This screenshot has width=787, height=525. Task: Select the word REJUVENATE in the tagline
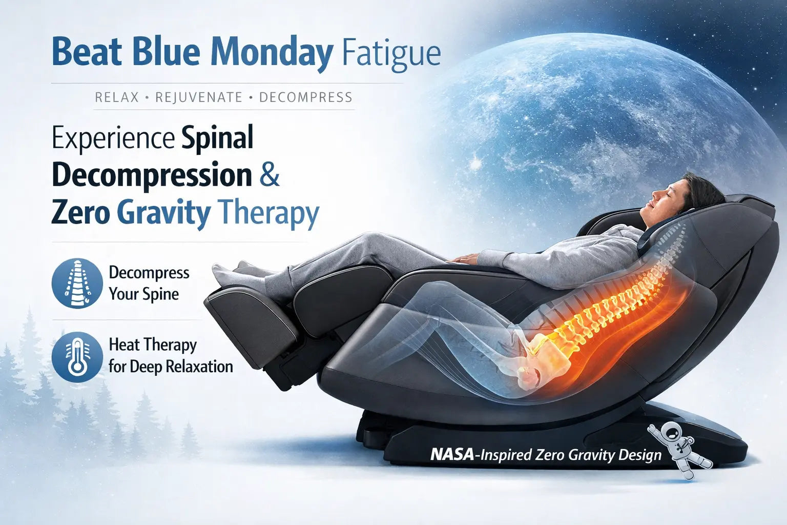[199, 97]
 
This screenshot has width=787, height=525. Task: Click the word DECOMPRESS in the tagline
[305, 97]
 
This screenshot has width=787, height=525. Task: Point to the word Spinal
[218, 138]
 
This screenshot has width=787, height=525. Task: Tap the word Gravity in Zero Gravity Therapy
[163, 213]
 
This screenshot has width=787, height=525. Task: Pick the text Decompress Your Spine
[149, 283]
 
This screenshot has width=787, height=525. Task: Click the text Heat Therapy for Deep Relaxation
[170, 356]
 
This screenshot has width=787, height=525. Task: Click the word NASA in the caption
[451, 455]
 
